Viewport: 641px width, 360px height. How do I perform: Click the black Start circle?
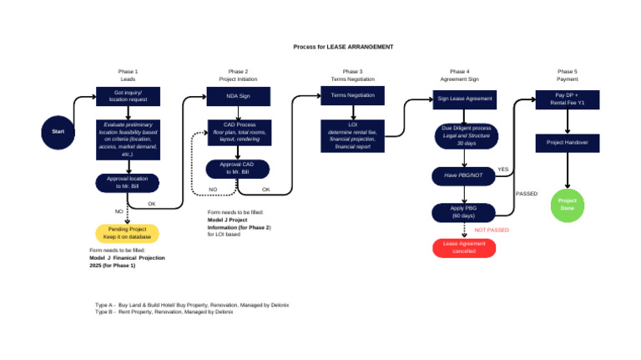58,132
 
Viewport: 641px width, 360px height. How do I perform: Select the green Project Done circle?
568,205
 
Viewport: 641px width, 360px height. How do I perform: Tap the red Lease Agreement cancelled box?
464,248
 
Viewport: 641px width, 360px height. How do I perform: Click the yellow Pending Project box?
127,233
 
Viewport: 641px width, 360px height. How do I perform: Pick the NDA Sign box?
238,96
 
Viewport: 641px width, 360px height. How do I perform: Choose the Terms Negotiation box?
353,96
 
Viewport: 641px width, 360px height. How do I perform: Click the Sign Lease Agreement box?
465,99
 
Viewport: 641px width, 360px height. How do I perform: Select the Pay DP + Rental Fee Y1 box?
568,99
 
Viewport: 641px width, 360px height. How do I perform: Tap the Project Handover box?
568,143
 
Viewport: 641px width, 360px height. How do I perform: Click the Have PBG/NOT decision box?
464,176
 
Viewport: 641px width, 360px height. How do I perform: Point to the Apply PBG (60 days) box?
464,212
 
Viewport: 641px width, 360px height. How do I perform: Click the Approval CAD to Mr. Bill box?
238,169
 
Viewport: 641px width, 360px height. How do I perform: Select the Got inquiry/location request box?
128,96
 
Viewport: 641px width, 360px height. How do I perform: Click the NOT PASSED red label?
492,230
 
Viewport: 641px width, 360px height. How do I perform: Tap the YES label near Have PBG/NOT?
502,170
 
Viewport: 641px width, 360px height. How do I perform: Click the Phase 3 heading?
353,72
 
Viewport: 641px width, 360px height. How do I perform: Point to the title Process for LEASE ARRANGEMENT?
343,47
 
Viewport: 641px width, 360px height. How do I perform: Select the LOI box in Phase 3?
353,134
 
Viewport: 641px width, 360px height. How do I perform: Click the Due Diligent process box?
465,135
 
